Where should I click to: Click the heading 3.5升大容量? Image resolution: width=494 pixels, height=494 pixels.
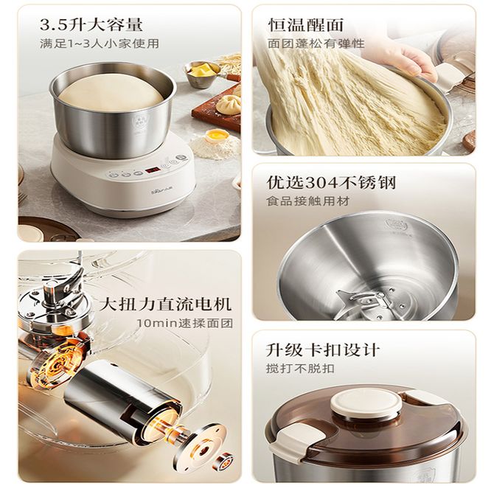91,25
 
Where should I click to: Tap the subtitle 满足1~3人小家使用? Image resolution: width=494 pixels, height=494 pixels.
100,44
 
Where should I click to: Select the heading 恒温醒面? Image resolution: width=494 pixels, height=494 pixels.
305,25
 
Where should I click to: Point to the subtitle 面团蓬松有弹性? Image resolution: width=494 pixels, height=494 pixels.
316,44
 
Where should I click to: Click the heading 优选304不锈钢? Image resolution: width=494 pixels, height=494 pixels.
331,182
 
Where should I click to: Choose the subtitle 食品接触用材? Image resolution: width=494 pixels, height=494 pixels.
307,201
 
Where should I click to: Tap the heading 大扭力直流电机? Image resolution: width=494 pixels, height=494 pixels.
166,304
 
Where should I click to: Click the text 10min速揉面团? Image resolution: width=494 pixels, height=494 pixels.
185,323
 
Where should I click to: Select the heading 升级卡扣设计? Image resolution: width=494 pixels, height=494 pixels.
323,349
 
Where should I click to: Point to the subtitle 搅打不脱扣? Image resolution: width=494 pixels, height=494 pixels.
300,369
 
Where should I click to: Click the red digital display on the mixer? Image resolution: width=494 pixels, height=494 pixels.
152,171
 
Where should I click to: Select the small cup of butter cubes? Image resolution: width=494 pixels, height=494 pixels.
202,72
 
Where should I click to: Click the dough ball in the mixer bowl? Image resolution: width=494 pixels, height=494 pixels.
114,92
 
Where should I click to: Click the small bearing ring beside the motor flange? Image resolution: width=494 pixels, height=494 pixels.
225,459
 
